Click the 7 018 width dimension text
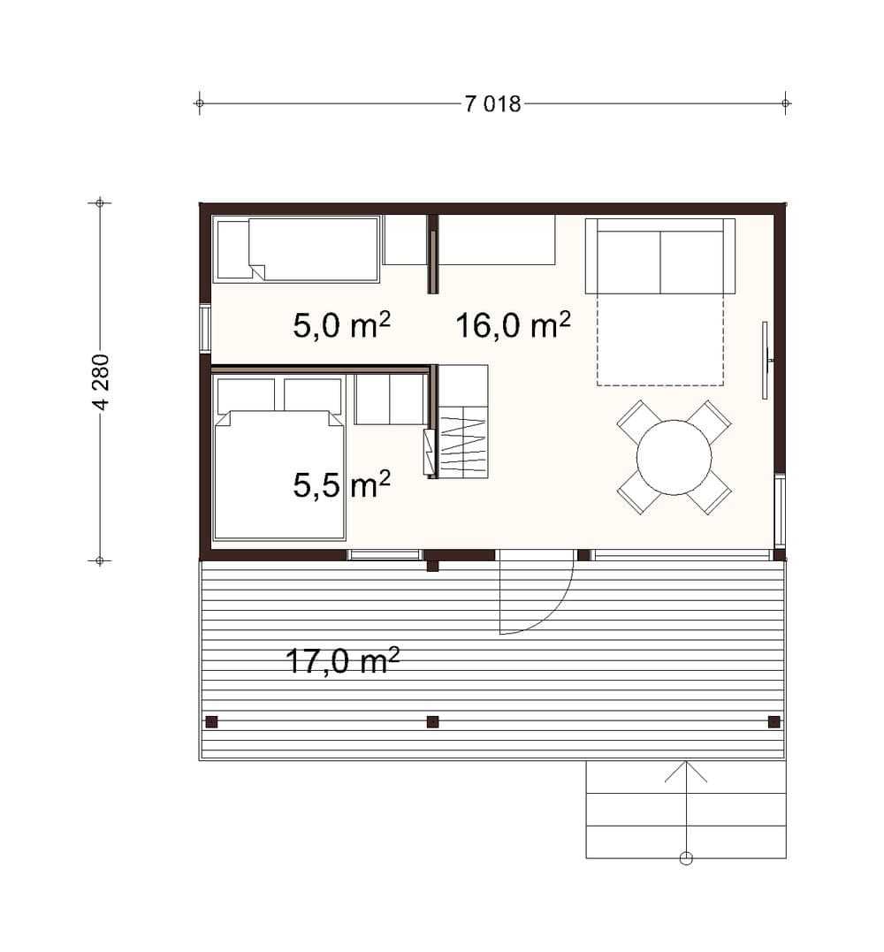pyautogui.click(x=493, y=104)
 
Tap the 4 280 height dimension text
pyautogui.click(x=102, y=382)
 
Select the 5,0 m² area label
pyautogui.click(x=342, y=324)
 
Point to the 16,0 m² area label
pyautogui.click(x=513, y=324)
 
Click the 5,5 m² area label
pyautogui.click(x=342, y=484)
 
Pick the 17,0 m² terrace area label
pyautogui.click(x=342, y=660)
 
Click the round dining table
pyautogui.click(x=674, y=457)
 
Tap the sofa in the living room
pyautogui.click(x=660, y=256)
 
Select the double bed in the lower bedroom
pyautogui.click(x=280, y=475)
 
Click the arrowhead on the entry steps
pyautogui.click(x=686, y=771)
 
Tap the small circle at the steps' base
pyautogui.click(x=686, y=858)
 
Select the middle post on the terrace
pyautogui.click(x=433, y=722)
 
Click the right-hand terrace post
pyautogui.click(x=774, y=722)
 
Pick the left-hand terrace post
pyautogui.click(x=211, y=722)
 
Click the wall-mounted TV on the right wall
pyautogui.click(x=766, y=360)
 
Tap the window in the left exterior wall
pyautogui.click(x=205, y=329)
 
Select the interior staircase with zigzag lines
pyautogui.click(x=463, y=422)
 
